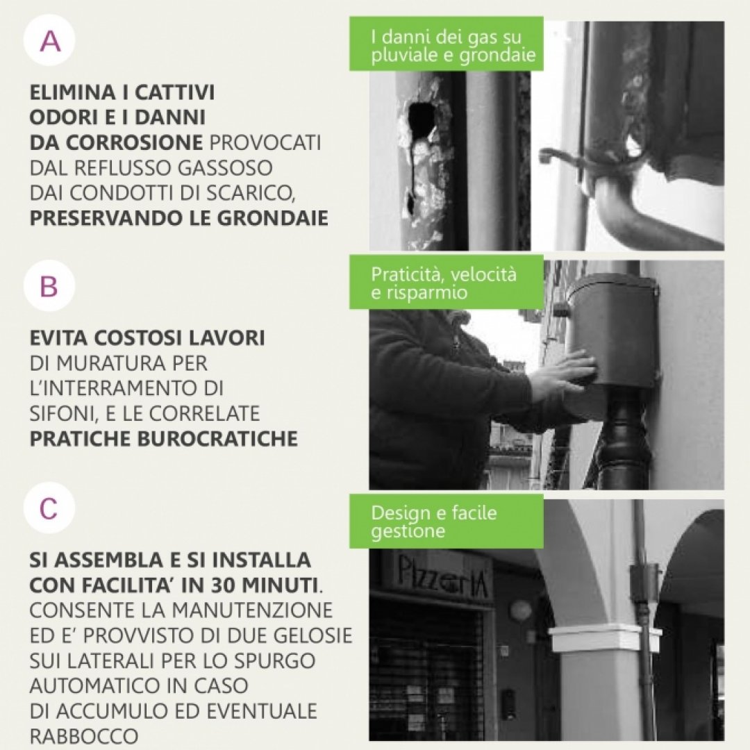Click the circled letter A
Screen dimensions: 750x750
click(50, 41)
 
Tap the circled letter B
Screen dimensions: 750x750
click(49, 286)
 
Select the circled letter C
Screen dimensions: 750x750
click(49, 508)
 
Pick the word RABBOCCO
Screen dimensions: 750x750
click(84, 736)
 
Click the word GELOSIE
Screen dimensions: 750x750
click(312, 635)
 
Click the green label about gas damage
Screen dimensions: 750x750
click(447, 44)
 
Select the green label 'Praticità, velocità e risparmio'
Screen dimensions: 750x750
click(447, 282)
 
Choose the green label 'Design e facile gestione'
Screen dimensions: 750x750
click(447, 521)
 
